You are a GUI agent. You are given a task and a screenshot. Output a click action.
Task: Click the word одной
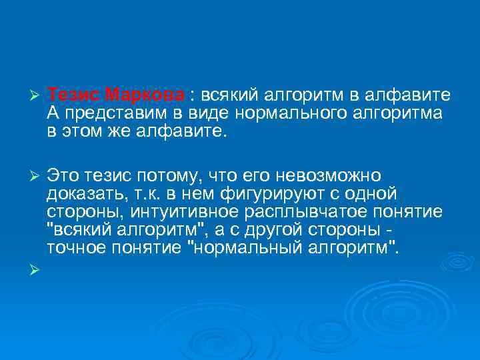[370, 194]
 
